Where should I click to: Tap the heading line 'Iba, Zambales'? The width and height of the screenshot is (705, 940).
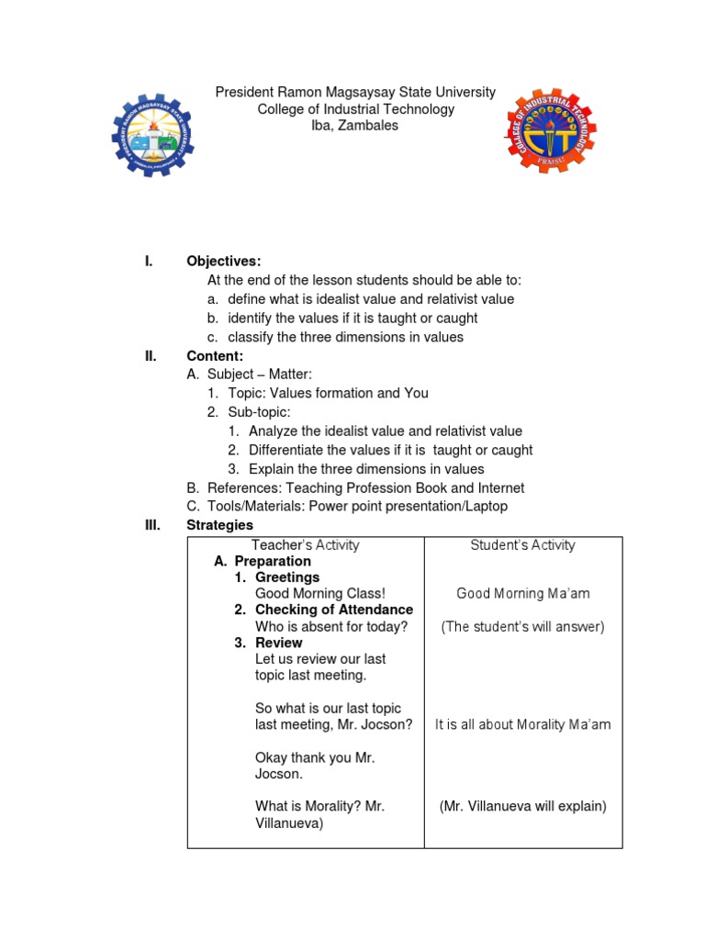355,126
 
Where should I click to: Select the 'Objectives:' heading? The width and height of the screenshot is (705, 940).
224,262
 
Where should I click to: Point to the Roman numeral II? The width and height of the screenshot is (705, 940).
151,355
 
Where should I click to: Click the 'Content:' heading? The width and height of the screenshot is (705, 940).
215,355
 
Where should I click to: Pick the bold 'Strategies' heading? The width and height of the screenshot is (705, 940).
219,525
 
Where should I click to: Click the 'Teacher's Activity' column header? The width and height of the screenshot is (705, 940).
305,544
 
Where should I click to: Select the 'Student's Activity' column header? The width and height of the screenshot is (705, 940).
522,544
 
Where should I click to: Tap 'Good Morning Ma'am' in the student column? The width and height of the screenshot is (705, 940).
522,593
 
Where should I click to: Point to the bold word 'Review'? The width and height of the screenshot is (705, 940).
278,643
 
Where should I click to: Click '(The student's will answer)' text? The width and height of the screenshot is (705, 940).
522,627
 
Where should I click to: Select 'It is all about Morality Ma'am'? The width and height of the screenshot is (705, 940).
522,724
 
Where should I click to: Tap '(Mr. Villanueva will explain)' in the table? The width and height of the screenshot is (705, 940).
522,807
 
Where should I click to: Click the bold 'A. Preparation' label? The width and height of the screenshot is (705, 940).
263,561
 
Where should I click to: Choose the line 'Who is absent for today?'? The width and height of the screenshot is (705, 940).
330,627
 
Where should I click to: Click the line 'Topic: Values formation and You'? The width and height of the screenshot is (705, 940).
329,393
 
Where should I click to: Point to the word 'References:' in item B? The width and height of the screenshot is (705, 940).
241,487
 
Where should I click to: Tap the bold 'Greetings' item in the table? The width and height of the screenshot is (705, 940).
286,577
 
